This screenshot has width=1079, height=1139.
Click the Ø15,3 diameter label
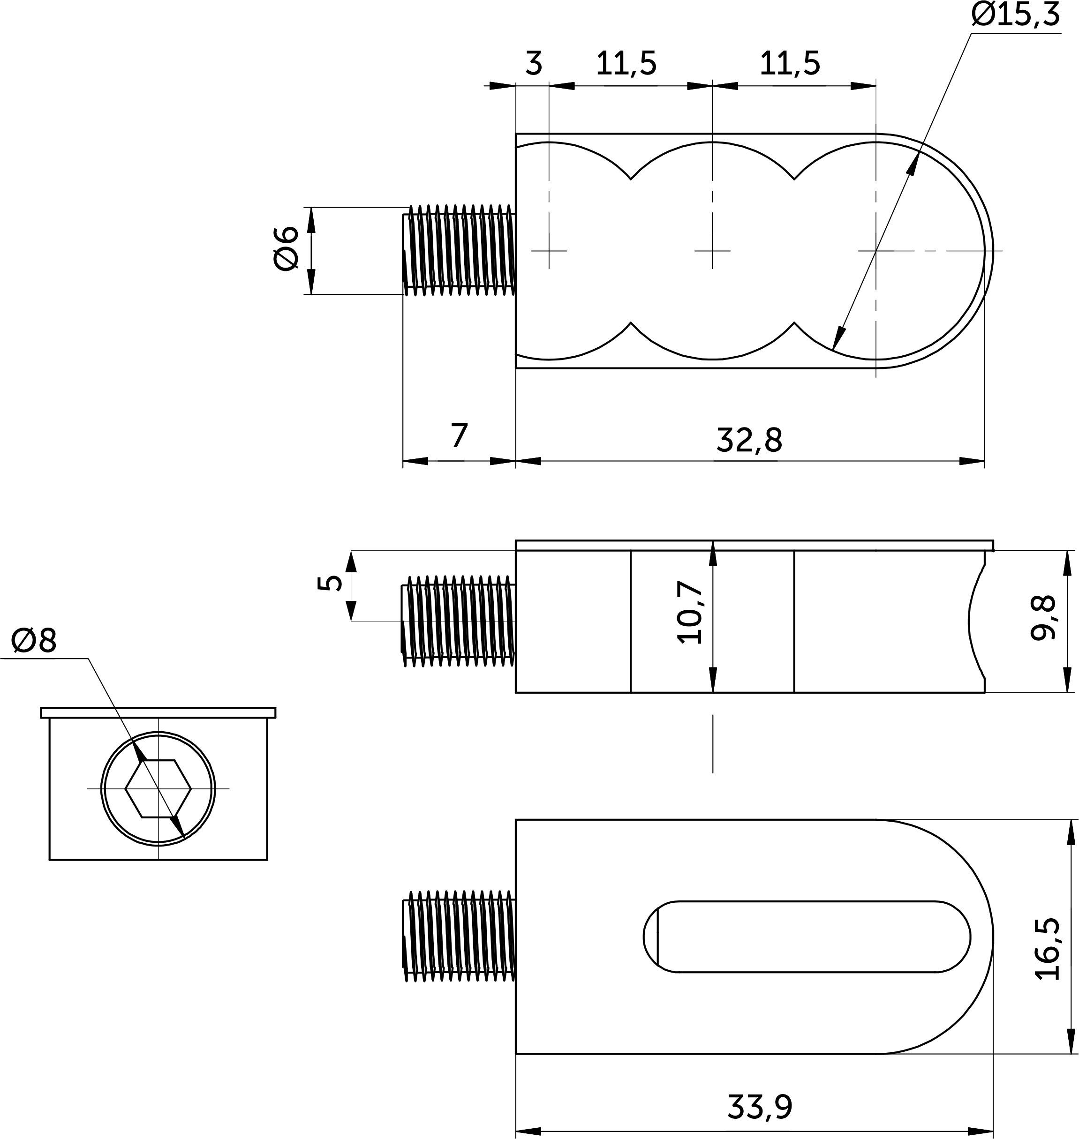(x=1016, y=15)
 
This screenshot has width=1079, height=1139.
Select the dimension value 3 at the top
(x=534, y=64)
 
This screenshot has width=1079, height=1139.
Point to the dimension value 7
(x=459, y=436)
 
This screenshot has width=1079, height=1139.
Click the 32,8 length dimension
(x=749, y=441)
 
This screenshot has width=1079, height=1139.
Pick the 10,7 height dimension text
(x=691, y=612)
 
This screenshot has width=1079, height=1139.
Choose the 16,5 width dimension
(x=1046, y=949)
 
